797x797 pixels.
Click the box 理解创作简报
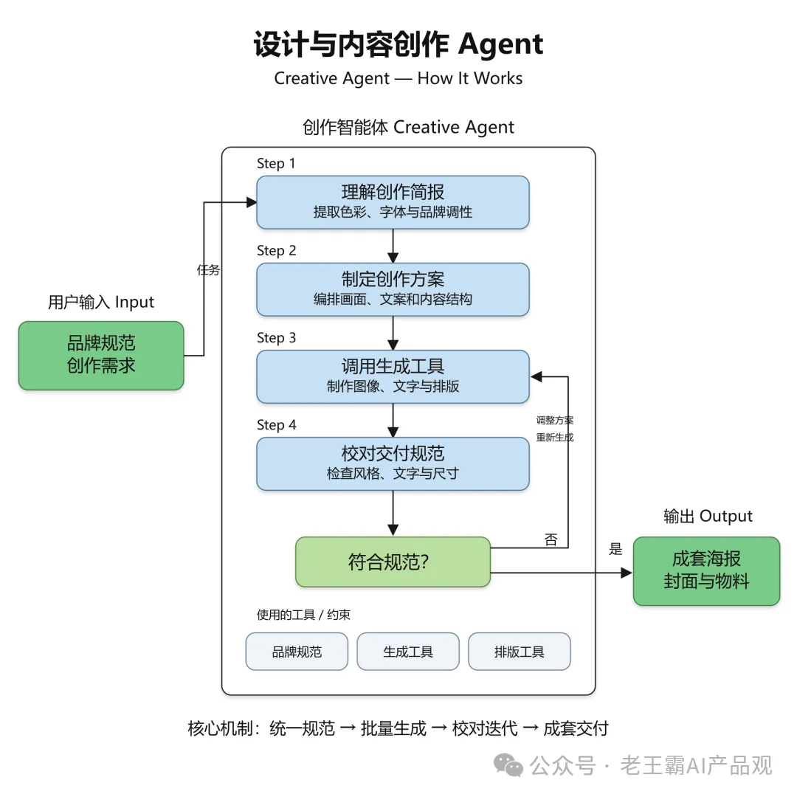393,201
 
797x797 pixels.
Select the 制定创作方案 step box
393,289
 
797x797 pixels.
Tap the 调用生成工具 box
393,376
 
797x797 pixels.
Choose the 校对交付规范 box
393,463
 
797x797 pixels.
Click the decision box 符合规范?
393,562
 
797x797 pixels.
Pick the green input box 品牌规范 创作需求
101,355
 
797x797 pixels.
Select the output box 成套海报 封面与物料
706,570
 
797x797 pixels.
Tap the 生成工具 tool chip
407,651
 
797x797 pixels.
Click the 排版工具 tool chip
519,651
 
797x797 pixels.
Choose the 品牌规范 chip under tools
297,651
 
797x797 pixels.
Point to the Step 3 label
276,338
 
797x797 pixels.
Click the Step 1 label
275,164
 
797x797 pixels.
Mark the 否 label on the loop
551,539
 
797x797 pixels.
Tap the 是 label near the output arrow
615,548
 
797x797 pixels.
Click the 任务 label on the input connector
208,269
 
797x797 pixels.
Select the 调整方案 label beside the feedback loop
554,421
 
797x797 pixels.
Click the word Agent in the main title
500,45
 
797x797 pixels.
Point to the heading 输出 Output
708,516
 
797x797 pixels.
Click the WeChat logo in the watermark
508,766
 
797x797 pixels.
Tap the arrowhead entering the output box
627,573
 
